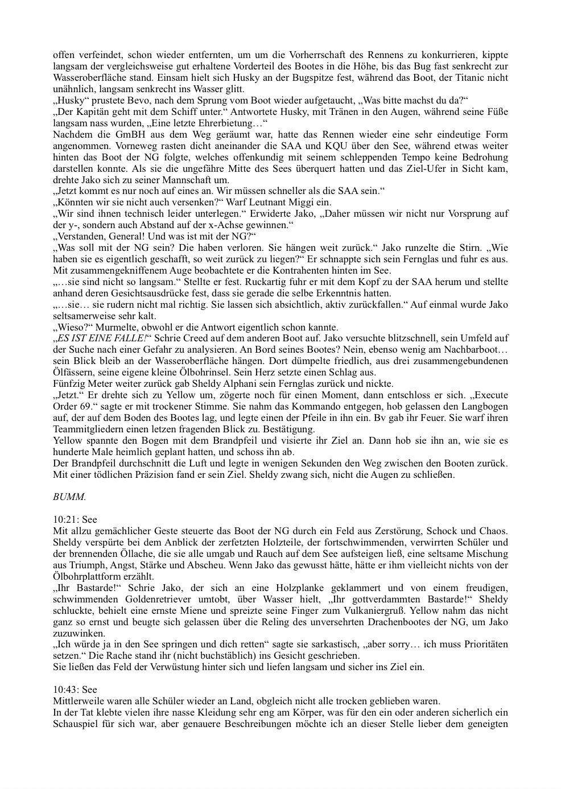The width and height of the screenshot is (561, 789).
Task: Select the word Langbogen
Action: click(486, 406)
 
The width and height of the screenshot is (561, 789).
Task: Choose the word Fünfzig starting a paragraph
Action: click(68, 383)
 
